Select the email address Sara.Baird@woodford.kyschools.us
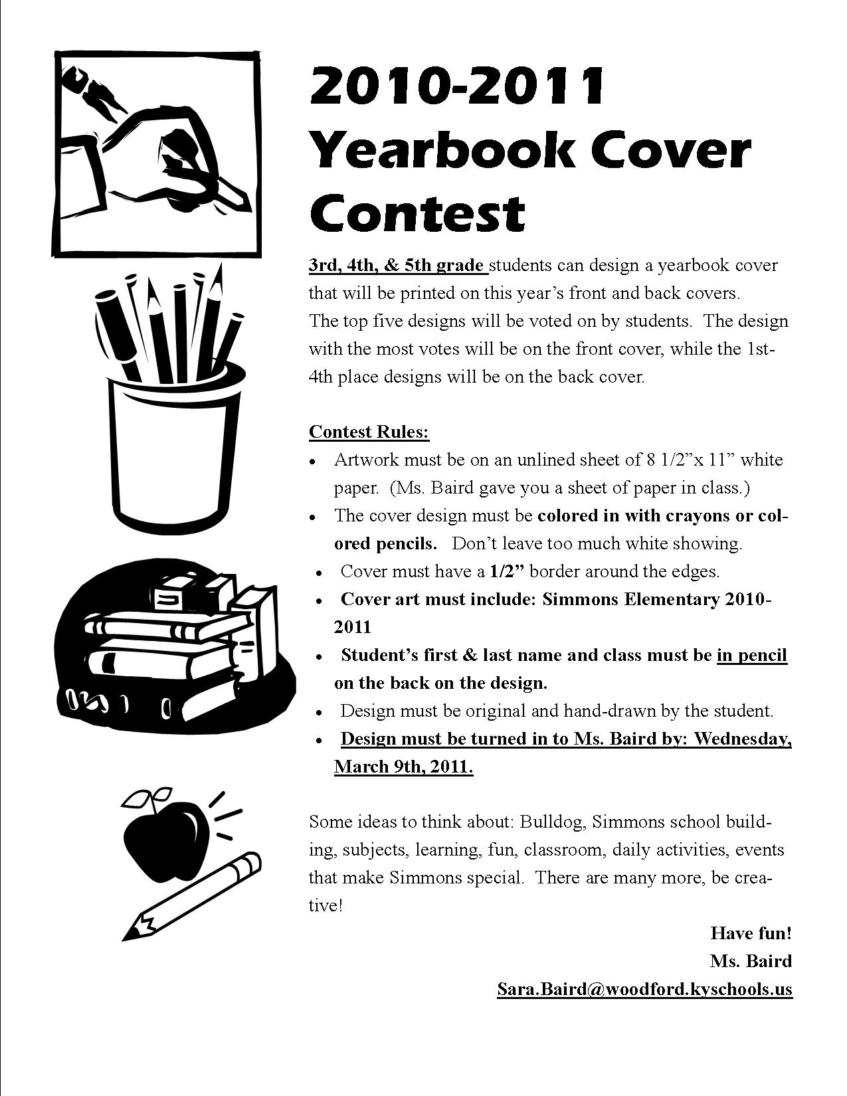[644, 989]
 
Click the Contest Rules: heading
[369, 432]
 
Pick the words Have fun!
[751, 933]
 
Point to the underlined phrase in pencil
[752, 655]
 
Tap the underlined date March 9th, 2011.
[403, 767]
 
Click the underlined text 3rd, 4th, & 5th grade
[397, 265]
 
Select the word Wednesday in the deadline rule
[742, 739]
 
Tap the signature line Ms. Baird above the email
[751, 960]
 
